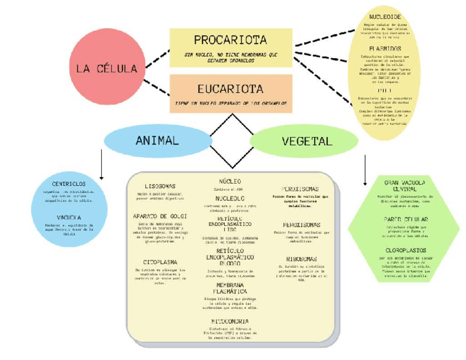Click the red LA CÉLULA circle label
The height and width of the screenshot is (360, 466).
107,69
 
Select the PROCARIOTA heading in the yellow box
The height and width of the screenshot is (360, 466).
230,40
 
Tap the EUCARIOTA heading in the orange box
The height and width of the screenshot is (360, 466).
230,88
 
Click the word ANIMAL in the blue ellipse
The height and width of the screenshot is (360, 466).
157,141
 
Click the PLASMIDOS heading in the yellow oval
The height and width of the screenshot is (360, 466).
385,48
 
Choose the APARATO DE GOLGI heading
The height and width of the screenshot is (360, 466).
160,217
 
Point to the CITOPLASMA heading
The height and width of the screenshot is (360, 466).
160,262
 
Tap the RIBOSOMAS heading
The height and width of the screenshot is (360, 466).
301,259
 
